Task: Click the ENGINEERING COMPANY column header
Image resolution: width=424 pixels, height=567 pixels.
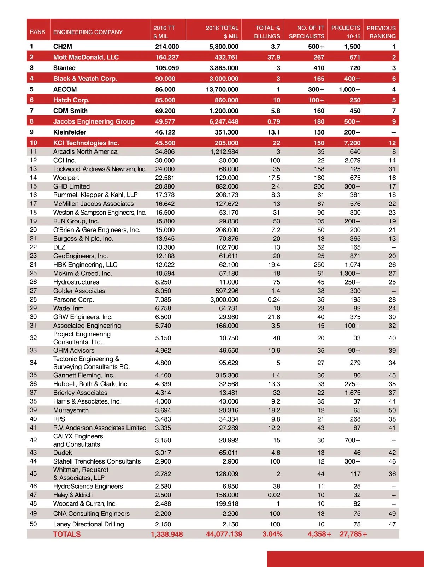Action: (x=88, y=32)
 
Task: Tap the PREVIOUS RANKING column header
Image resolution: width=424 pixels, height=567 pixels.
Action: (x=381, y=32)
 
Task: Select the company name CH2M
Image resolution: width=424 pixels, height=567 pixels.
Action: (x=63, y=47)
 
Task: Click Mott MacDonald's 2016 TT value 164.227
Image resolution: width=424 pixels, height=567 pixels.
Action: (x=167, y=57)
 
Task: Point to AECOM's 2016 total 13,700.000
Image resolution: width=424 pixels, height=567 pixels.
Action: (x=222, y=89)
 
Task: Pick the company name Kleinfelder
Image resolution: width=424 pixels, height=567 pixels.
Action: (x=70, y=132)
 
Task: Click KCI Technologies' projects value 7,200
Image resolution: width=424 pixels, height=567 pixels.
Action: (x=352, y=143)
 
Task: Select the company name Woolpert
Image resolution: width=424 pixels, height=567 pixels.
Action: (x=66, y=178)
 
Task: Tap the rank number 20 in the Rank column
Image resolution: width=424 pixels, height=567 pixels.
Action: (x=33, y=230)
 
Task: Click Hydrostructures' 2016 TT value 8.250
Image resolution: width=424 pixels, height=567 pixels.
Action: (x=163, y=282)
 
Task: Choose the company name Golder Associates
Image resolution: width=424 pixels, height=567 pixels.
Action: (x=79, y=291)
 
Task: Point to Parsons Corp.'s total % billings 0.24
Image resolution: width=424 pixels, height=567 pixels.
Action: (x=274, y=299)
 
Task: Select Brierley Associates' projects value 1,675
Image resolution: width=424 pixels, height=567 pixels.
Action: (x=352, y=393)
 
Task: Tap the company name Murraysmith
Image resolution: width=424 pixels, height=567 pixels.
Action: (x=71, y=410)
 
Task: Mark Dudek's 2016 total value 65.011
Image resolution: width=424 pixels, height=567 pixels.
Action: (x=229, y=453)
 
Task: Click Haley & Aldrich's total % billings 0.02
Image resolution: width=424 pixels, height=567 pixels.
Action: (x=274, y=495)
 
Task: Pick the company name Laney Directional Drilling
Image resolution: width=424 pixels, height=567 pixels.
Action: (x=88, y=524)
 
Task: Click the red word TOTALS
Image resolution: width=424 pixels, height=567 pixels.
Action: (x=67, y=534)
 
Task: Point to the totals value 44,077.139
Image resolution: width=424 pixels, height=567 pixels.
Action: (x=224, y=534)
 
